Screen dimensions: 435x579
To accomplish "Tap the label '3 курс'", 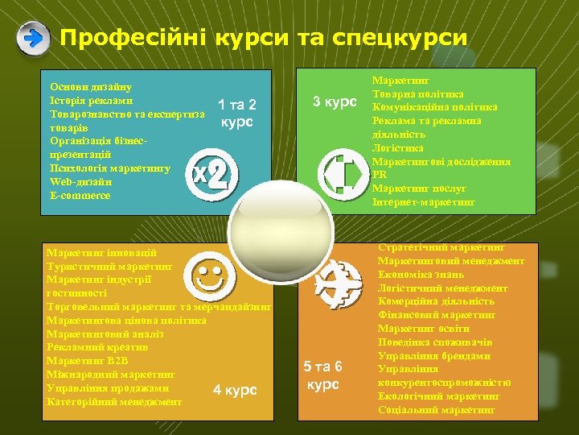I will [x=334, y=102].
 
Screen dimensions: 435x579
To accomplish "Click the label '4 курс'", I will [x=235, y=391].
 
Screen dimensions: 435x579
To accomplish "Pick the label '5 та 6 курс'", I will [x=323, y=376].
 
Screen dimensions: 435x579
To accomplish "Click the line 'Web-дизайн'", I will [x=80, y=182].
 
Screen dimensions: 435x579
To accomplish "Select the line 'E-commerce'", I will [x=80, y=195].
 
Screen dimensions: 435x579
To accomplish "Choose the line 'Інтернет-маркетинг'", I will [x=423, y=201].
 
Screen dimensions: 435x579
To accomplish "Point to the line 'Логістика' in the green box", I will [x=397, y=147].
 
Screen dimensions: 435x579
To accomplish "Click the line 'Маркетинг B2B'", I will [x=83, y=360].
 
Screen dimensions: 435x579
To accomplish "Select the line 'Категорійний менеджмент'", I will [x=114, y=401].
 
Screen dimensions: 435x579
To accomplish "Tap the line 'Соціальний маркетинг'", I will [x=436, y=410].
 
